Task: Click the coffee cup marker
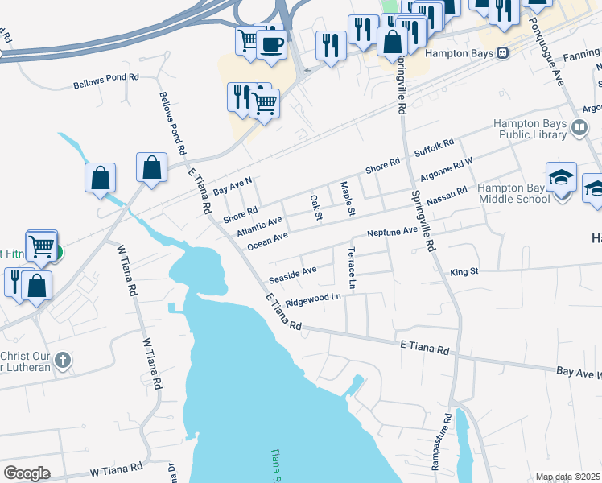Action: (272, 43)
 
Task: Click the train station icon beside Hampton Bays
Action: (503, 53)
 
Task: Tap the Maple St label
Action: (347, 200)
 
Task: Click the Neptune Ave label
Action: (393, 232)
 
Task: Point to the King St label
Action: (464, 272)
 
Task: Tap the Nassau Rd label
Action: (451, 196)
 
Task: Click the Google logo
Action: (27, 473)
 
